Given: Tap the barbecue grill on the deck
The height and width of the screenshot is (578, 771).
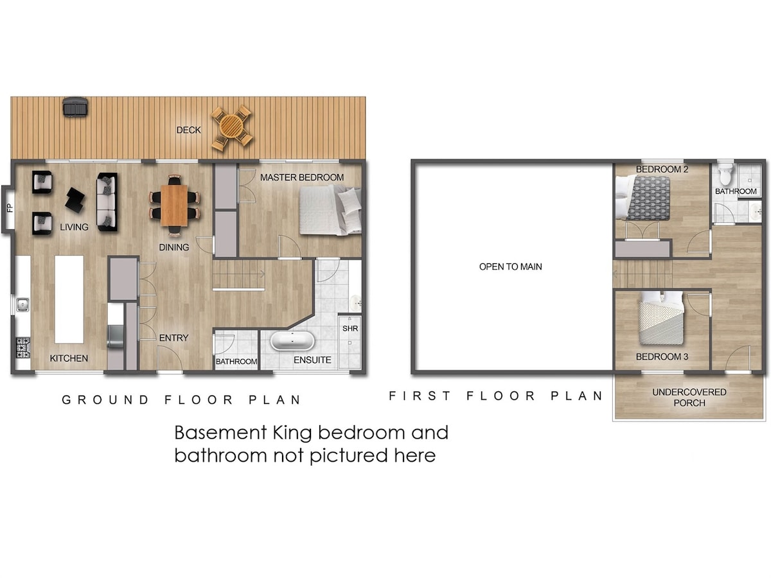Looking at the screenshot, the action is coord(75,107).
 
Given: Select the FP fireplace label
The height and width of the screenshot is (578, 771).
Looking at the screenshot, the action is coord(10,208).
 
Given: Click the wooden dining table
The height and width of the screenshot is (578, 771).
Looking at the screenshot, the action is coord(174,206).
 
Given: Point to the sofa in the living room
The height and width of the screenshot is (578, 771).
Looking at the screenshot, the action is coord(107,202).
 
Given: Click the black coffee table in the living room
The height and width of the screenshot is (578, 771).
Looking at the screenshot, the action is coord(75,200).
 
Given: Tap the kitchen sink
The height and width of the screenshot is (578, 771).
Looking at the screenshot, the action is coord(22,304).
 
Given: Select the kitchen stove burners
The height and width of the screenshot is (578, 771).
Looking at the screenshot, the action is coord(23,348).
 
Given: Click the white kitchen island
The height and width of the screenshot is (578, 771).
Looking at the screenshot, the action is coord(69,299).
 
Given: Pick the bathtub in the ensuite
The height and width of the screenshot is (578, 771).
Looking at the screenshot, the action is coord(292,341).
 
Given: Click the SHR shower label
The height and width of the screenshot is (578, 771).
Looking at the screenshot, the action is coord(350,328).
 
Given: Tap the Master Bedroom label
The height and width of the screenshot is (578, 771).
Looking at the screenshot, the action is coord(302,178).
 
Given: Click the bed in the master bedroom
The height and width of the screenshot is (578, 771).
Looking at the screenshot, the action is coord(330,211).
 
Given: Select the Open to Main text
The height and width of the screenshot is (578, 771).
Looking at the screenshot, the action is coord(510,267).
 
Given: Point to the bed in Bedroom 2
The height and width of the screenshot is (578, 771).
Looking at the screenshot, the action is coord(642,198).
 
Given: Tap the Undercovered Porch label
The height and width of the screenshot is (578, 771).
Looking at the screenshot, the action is coord(689,398).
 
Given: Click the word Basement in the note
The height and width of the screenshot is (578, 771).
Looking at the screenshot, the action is coord(220,433).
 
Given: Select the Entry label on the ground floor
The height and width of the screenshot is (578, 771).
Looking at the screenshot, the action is coord(174,338).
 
